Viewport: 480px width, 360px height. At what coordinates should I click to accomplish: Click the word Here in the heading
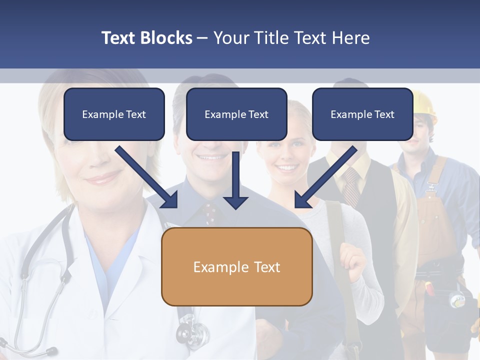point(350,38)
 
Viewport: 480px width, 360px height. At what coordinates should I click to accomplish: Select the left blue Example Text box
point(114,114)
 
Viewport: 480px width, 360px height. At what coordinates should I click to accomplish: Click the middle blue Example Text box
point(236,114)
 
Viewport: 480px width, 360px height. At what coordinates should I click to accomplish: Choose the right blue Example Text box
point(362,114)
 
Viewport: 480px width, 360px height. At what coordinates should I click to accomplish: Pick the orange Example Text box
point(236,266)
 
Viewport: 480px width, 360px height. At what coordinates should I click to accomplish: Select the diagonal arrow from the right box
point(325,177)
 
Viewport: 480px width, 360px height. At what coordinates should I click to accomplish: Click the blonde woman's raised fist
point(352,262)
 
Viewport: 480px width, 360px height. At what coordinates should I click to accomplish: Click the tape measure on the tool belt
point(456,300)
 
